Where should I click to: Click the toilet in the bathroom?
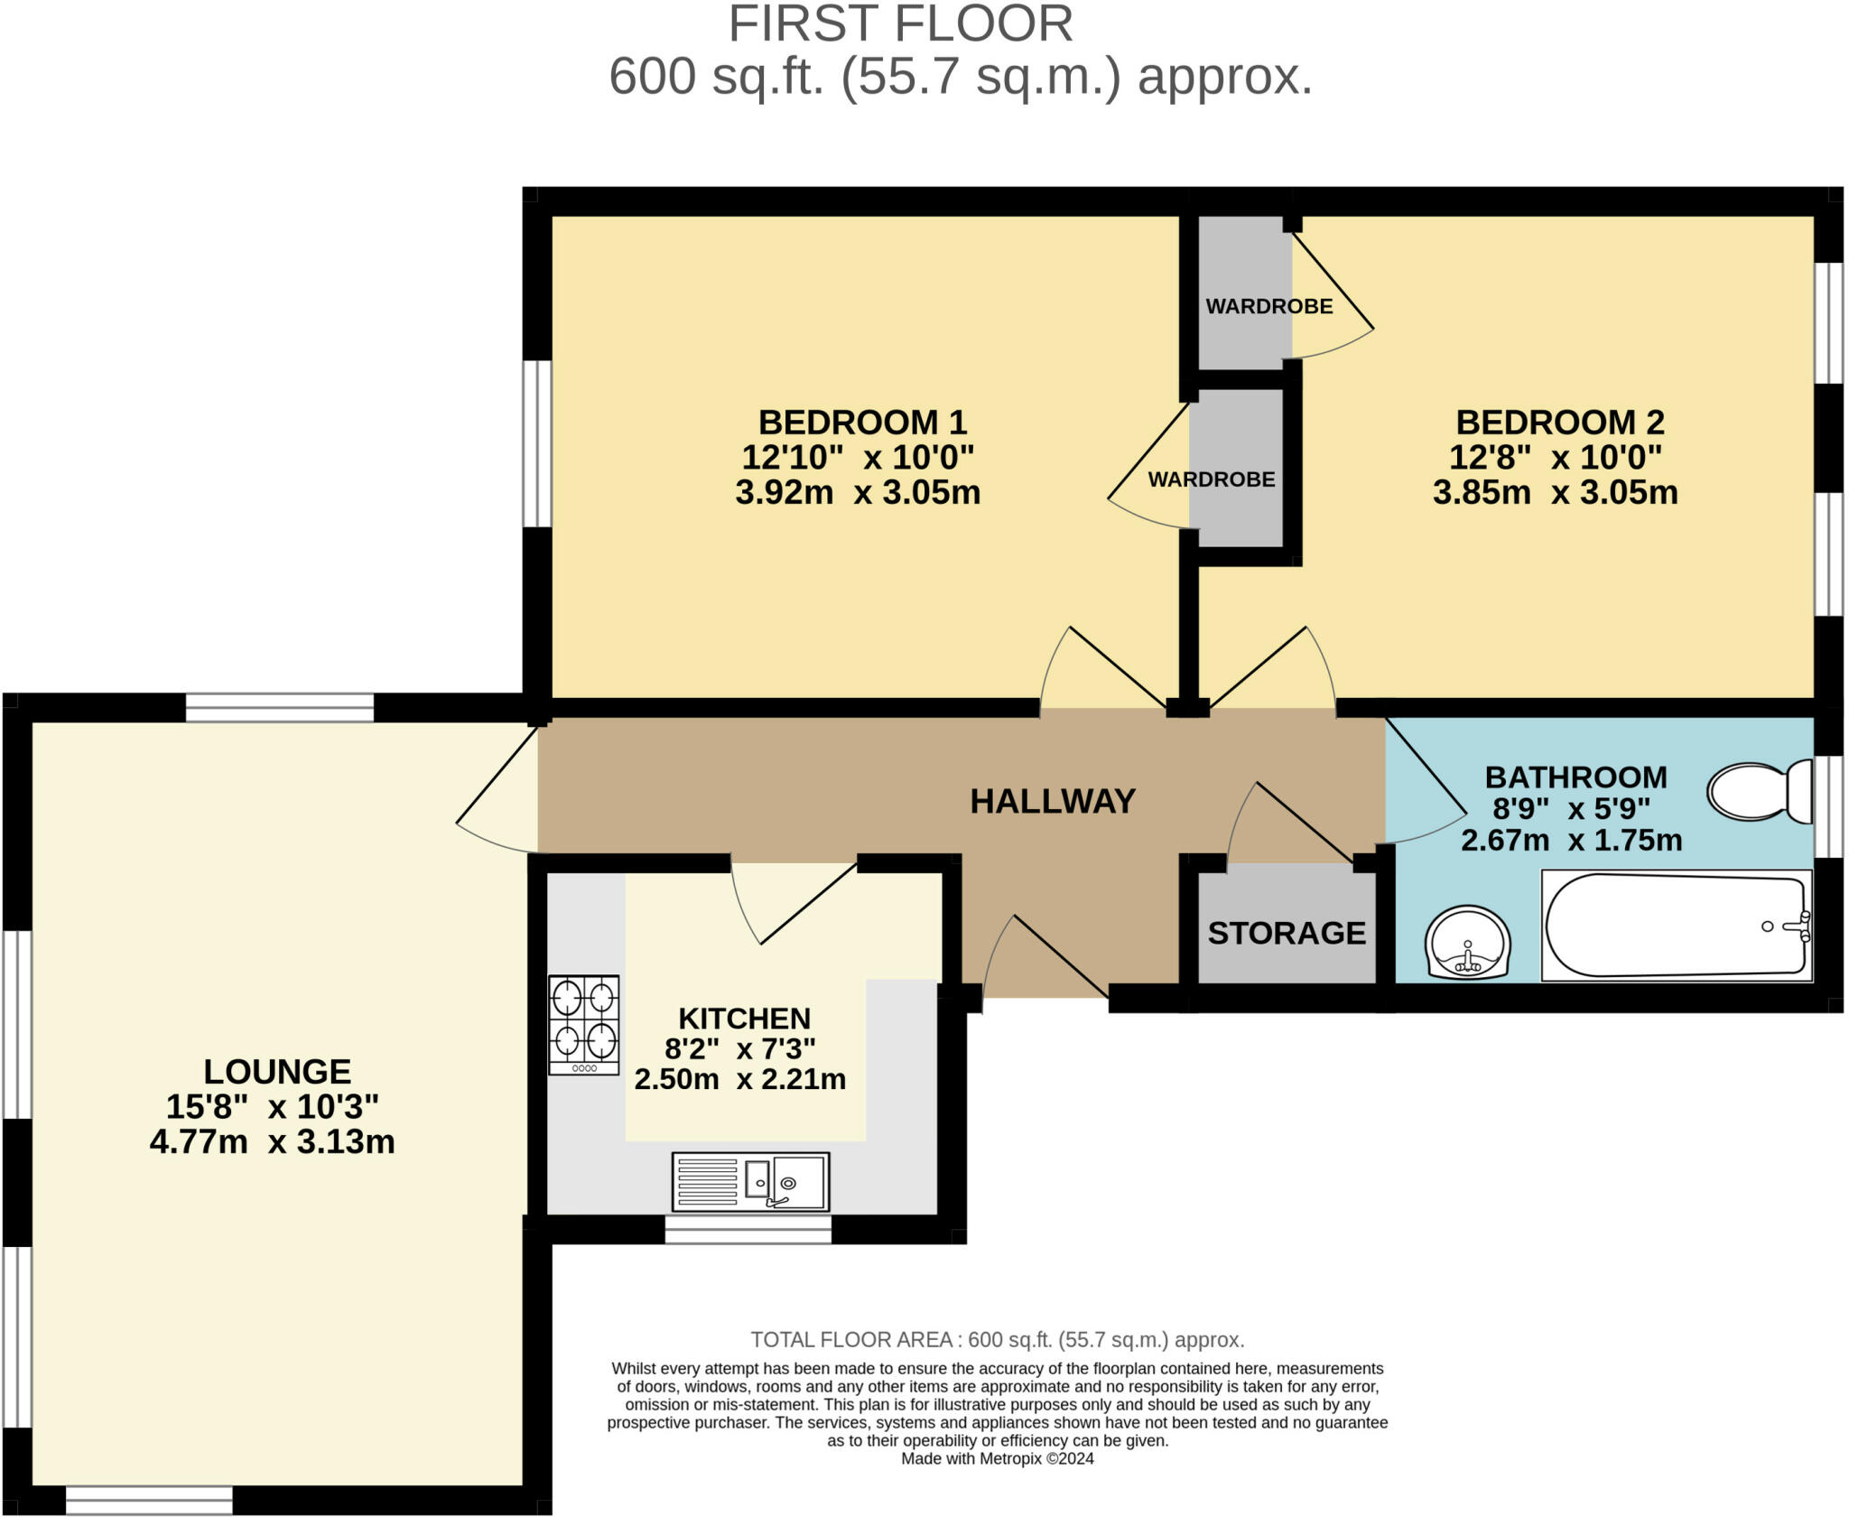pos(1759,792)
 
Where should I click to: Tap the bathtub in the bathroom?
pos(1677,926)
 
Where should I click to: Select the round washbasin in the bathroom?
pos(1467,942)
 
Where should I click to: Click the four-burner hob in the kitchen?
pos(584,1025)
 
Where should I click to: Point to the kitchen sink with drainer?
pos(750,1181)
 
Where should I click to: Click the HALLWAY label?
pos(1053,801)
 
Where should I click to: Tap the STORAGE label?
pos(1287,933)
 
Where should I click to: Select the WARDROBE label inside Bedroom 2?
pos(1269,306)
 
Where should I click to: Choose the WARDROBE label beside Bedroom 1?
pos(1212,479)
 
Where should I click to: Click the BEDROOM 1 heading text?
pos(862,422)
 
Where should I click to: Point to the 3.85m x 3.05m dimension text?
pos(1555,492)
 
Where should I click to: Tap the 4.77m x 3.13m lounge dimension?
pos(272,1141)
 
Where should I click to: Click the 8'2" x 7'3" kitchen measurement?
pos(740,1048)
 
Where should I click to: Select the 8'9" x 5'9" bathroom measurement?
pos(1572,807)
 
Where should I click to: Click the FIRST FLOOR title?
pos(901,24)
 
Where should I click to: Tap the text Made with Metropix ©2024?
pos(998,1458)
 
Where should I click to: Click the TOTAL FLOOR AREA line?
pos(998,1339)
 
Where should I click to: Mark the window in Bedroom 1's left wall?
pos(537,443)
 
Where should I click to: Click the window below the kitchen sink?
pos(748,1230)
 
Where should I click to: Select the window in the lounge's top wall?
pos(280,708)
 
